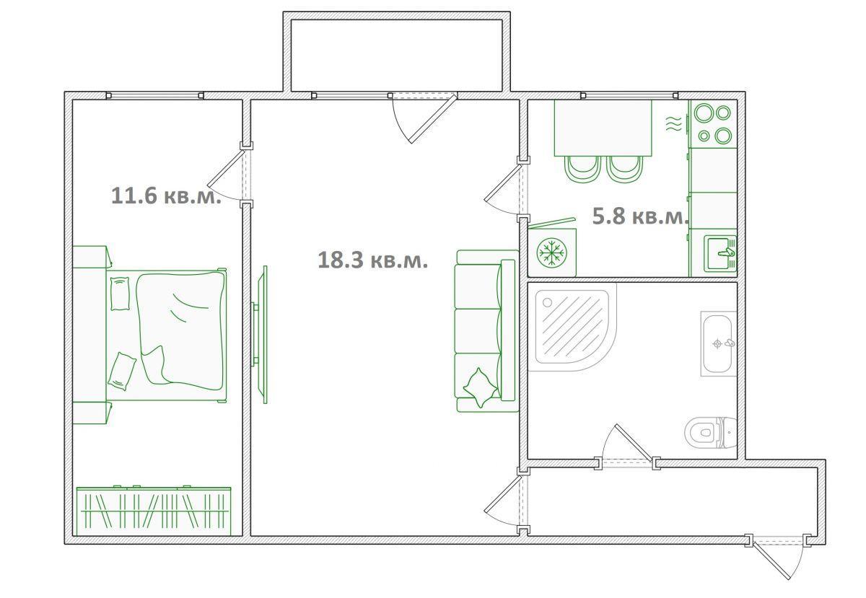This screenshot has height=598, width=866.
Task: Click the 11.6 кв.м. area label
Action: coord(166,196)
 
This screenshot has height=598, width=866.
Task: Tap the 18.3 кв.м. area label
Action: coord(372,260)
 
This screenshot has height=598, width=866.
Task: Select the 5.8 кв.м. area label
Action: coord(641,216)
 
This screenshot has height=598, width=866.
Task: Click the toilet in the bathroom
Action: coord(710,432)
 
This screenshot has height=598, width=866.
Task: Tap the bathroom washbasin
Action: coord(718,343)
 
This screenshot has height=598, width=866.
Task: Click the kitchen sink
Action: coord(720,253)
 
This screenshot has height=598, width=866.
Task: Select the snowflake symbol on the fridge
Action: coord(552,252)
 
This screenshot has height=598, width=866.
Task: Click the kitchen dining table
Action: coord(603,128)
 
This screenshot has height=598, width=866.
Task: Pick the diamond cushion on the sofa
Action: coord(481,387)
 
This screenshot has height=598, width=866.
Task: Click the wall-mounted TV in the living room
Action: coord(261,335)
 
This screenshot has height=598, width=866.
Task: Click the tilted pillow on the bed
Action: coord(122,371)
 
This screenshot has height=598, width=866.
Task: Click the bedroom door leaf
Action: coord(227,169)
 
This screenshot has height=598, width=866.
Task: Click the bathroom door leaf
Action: coord(634,443)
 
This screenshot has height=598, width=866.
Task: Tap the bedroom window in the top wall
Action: coord(154,95)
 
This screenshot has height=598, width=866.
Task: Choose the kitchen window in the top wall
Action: coord(629,95)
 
